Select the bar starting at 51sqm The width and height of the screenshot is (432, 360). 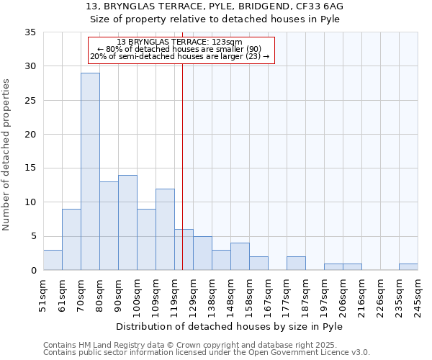pyautogui.click(x=53, y=260)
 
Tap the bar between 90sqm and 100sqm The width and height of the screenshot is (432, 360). pyautogui.click(x=127, y=222)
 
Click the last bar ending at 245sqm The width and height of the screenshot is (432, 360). pyautogui.click(x=408, y=267)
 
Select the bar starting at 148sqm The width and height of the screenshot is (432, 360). pyautogui.click(x=240, y=256)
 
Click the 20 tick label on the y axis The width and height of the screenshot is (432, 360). pyautogui.click(x=30, y=135)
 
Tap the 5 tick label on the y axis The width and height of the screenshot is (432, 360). pyautogui.click(x=32, y=237)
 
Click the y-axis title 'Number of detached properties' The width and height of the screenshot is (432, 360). pyautogui.click(x=6, y=155)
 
